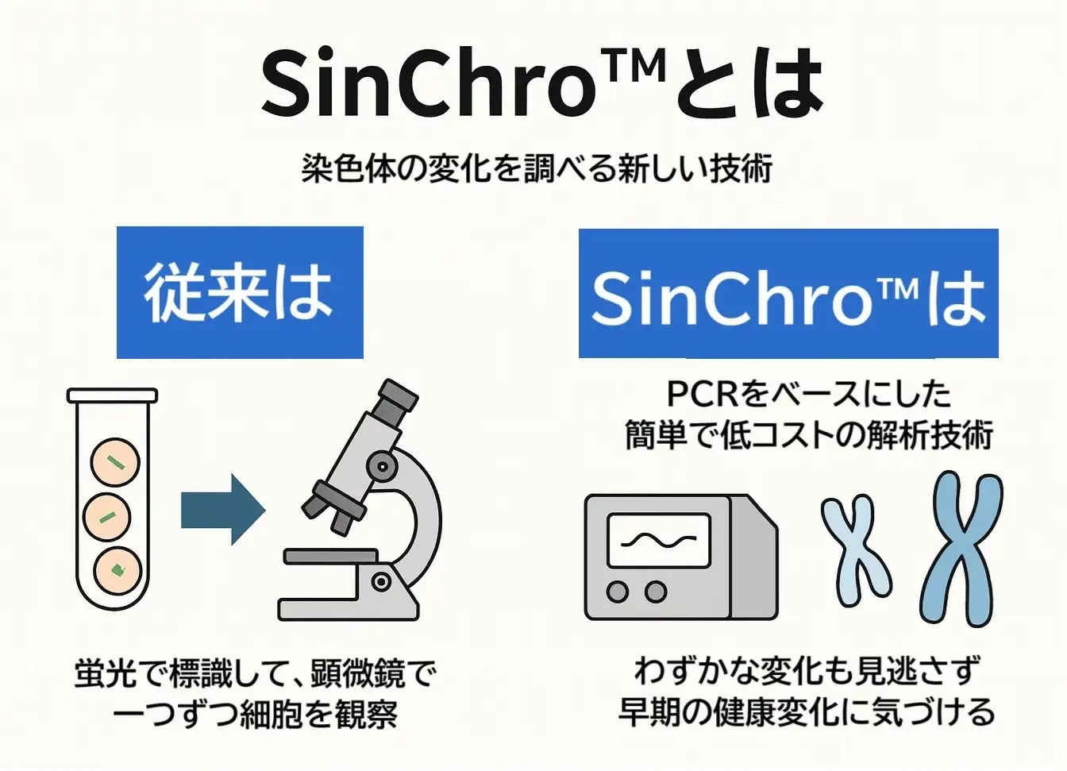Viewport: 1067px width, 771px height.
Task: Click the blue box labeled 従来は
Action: click(x=240, y=291)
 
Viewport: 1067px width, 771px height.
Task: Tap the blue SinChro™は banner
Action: click(x=788, y=293)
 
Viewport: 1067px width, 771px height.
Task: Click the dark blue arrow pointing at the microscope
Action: click(x=221, y=509)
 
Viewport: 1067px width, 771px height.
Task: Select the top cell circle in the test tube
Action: click(x=116, y=463)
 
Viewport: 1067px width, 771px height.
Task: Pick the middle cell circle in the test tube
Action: click(x=108, y=518)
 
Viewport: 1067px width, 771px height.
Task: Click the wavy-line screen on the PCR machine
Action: click(x=658, y=541)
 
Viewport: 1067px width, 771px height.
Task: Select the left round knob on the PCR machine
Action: click(x=618, y=592)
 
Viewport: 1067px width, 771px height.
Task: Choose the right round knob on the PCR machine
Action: click(x=656, y=592)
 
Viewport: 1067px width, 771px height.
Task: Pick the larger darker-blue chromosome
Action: click(x=961, y=548)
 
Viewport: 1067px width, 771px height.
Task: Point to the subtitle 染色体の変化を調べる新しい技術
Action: click(x=537, y=168)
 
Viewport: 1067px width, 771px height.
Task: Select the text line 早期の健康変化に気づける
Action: click(x=807, y=711)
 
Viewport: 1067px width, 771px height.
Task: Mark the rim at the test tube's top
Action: click(x=112, y=395)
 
